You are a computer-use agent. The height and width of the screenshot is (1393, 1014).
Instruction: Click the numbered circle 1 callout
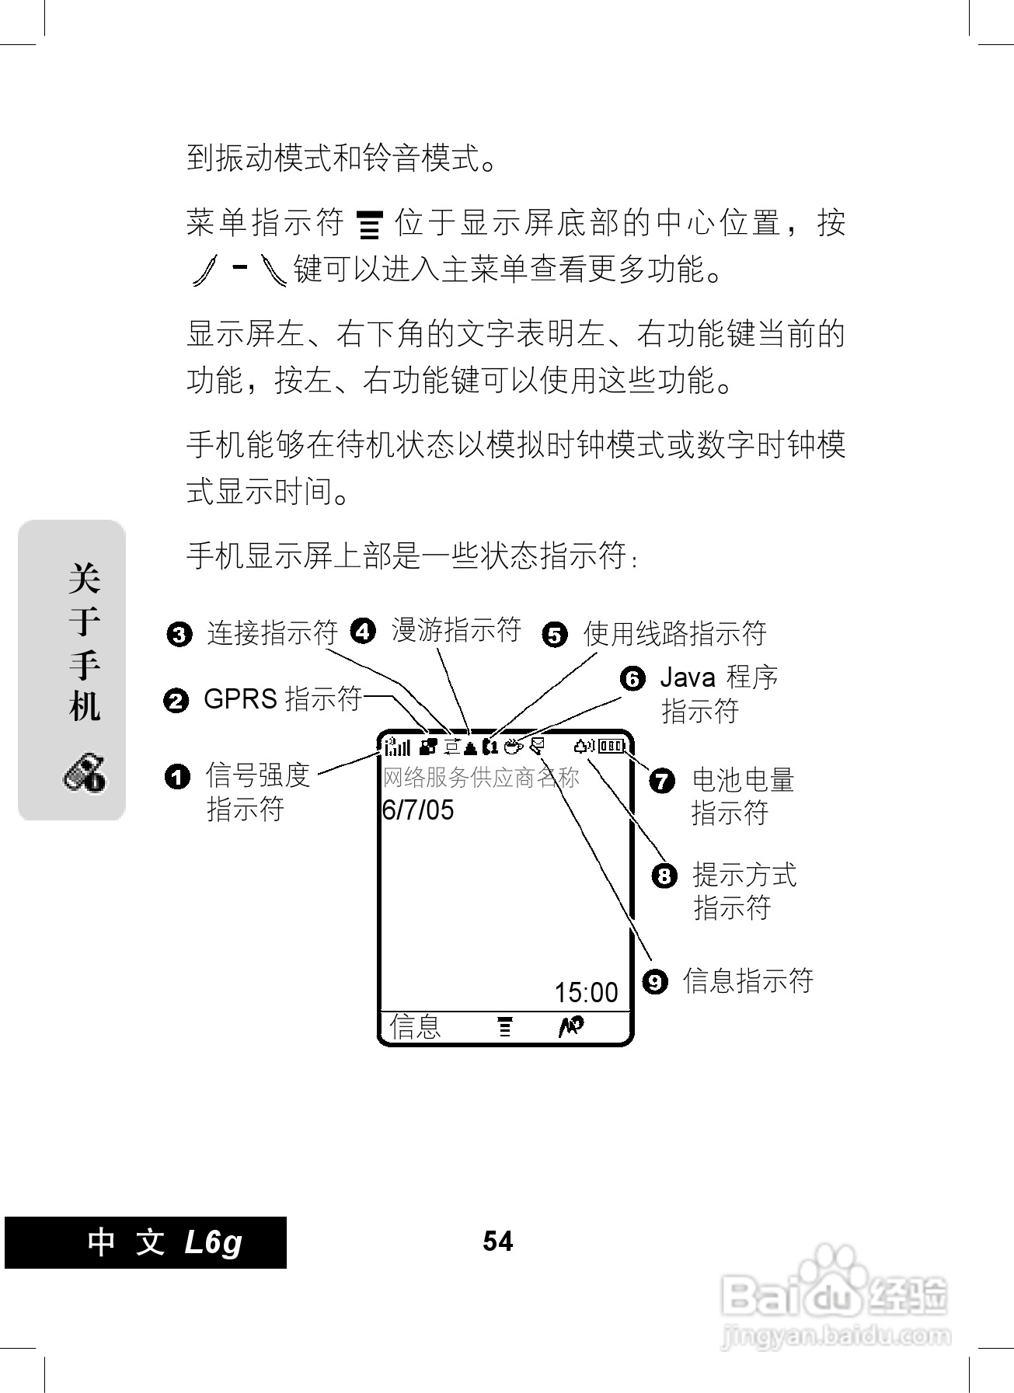[x=178, y=776]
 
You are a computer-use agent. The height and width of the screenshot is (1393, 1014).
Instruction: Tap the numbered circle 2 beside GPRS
[x=176, y=701]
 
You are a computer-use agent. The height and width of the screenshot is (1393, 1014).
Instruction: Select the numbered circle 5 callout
[x=554, y=635]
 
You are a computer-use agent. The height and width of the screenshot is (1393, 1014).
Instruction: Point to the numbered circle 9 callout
[x=655, y=981]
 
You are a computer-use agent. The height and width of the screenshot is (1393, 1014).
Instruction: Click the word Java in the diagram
[x=687, y=678]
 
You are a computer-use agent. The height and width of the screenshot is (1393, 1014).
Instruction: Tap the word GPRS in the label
[x=240, y=699]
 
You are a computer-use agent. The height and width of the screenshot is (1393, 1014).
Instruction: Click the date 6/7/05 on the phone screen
[x=418, y=810]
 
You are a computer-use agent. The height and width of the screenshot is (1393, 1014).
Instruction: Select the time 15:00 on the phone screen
[x=586, y=992]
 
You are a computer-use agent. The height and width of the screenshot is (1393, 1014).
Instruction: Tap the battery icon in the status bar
[x=612, y=747]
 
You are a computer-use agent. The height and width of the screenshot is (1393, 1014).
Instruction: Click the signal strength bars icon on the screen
[x=397, y=747]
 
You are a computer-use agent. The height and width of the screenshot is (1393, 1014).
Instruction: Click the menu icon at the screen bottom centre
[x=505, y=1026]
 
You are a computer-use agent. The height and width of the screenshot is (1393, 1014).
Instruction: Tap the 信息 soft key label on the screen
[x=415, y=1026]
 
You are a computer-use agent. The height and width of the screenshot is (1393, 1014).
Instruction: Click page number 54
[x=497, y=1242]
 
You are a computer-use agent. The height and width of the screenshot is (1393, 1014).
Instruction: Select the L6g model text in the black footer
[x=214, y=1242]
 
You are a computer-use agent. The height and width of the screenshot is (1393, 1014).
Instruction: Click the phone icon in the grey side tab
[x=84, y=773]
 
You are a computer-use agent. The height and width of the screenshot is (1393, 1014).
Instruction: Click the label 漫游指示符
[x=456, y=630]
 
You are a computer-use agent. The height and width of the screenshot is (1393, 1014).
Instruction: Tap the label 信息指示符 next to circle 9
[x=747, y=980]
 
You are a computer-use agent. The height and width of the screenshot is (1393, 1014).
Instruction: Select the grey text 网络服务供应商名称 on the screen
[x=481, y=778]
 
